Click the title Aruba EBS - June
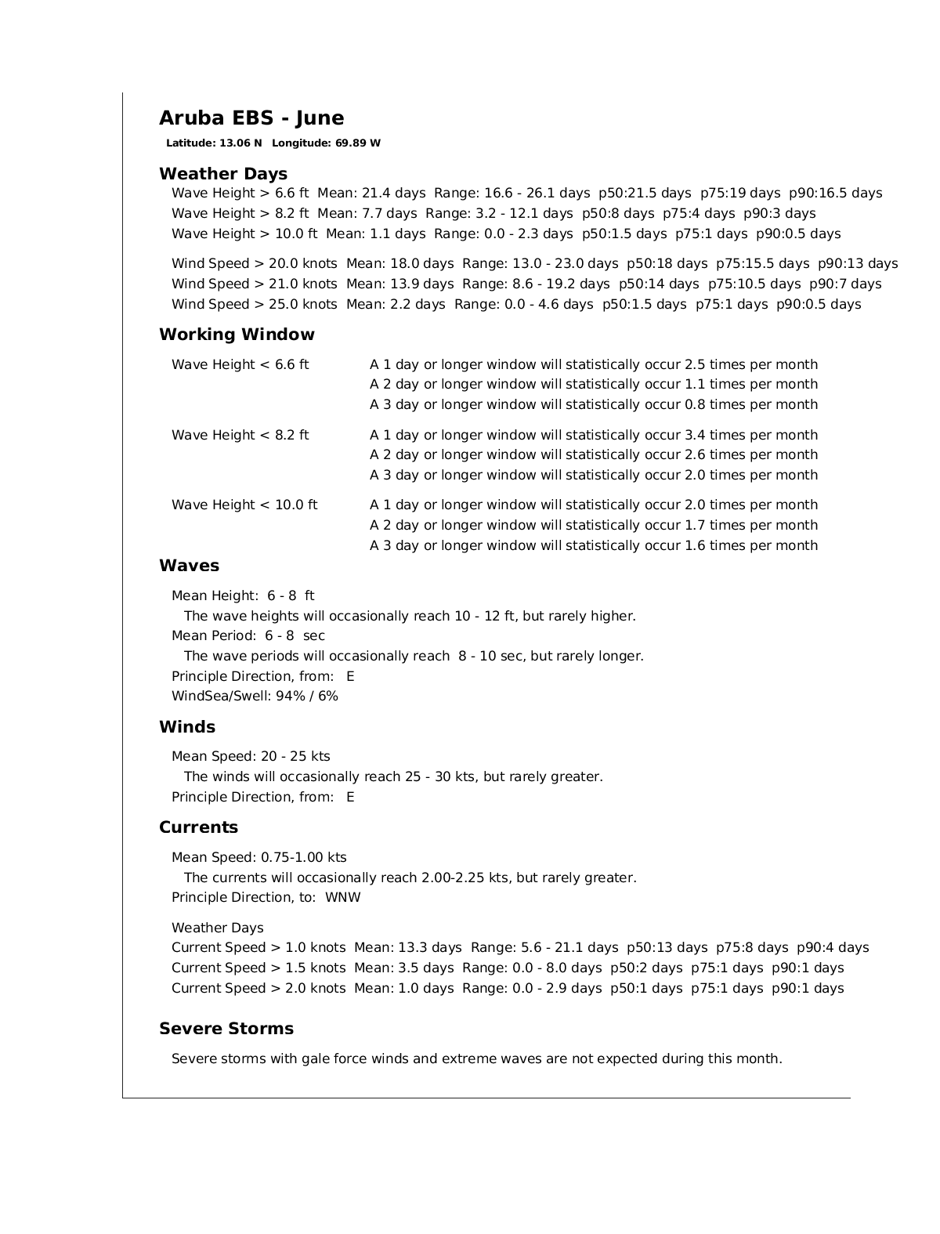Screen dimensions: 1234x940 pos(251,118)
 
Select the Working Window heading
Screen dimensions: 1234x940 pos(237,335)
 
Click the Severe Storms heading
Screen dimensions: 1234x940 pos(226,1029)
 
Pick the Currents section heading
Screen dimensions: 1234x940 pos(198,827)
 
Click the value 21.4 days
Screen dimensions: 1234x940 pos(394,194)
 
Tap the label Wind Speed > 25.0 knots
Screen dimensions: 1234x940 pos(255,305)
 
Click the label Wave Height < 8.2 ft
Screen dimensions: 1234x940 pos(240,435)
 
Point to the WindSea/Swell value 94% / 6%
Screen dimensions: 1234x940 pos(307,697)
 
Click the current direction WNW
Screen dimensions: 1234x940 pos(343,898)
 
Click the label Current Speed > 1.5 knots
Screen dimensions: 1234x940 pos(258,968)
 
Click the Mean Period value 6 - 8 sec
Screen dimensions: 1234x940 pos(295,636)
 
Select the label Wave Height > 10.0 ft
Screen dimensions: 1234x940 pos(244,234)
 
